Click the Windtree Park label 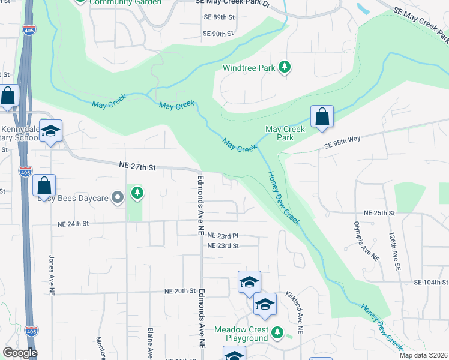coord(249,68)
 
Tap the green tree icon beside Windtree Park coord(286,67)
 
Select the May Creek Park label coord(285,133)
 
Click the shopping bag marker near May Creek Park coord(322,117)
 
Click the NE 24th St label coord(73,223)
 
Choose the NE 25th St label coord(379,213)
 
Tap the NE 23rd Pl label coord(223,236)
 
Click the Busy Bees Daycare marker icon coord(118,197)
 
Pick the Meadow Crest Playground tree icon coord(277,331)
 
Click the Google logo coord(20,353)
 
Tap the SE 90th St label coord(218,34)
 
